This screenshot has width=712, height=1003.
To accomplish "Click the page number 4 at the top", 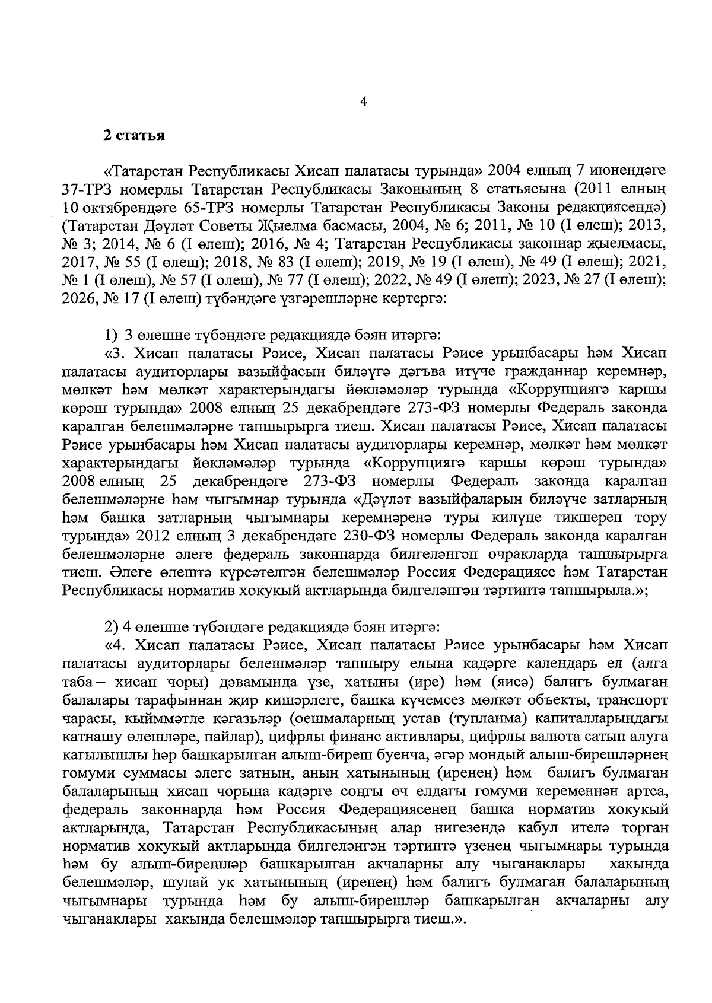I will (x=364, y=102).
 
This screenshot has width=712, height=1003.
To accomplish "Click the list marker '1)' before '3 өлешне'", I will (x=112, y=336).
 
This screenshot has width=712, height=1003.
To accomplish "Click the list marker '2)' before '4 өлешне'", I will (x=112, y=627).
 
